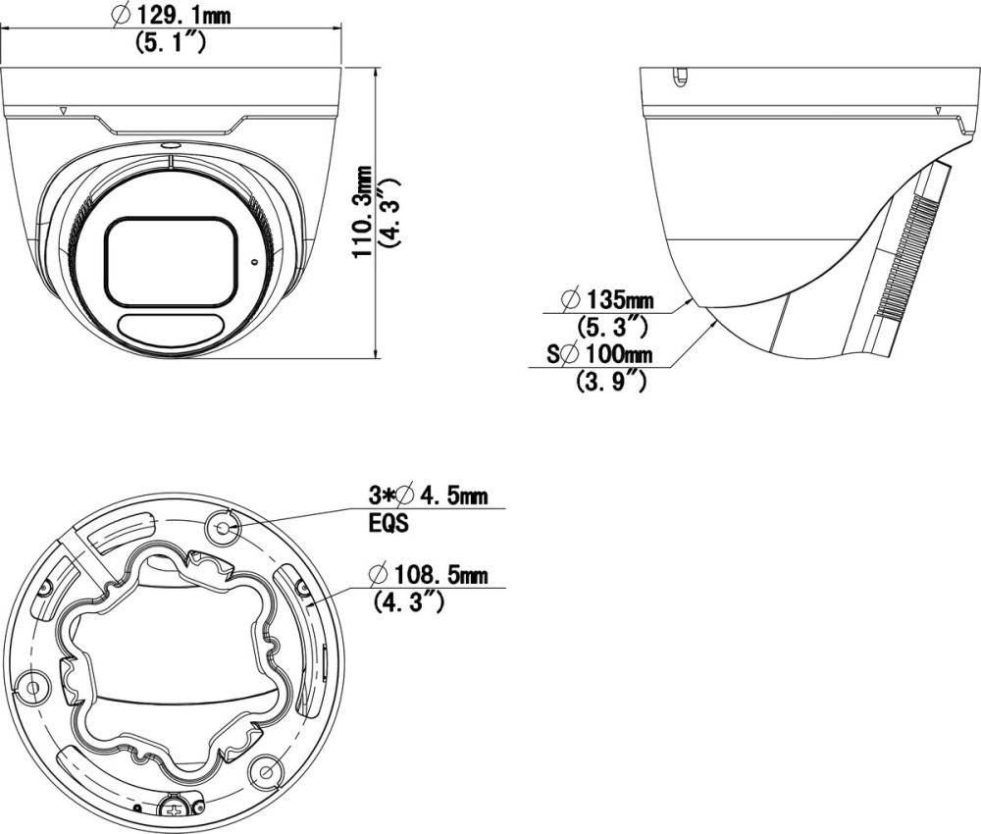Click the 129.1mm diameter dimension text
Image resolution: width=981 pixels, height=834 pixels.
[170, 16]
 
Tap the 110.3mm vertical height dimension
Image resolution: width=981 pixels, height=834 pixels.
[362, 212]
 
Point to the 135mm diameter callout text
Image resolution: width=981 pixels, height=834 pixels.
[608, 299]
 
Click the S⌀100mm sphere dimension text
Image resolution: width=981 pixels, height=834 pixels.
[599, 355]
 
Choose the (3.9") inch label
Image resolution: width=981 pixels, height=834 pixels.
[610, 381]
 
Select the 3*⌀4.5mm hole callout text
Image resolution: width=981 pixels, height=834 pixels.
[428, 496]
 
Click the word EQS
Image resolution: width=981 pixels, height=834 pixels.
[387, 523]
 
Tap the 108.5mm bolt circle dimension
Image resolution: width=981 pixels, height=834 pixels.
[428, 574]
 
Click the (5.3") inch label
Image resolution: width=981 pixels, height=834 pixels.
[610, 326]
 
